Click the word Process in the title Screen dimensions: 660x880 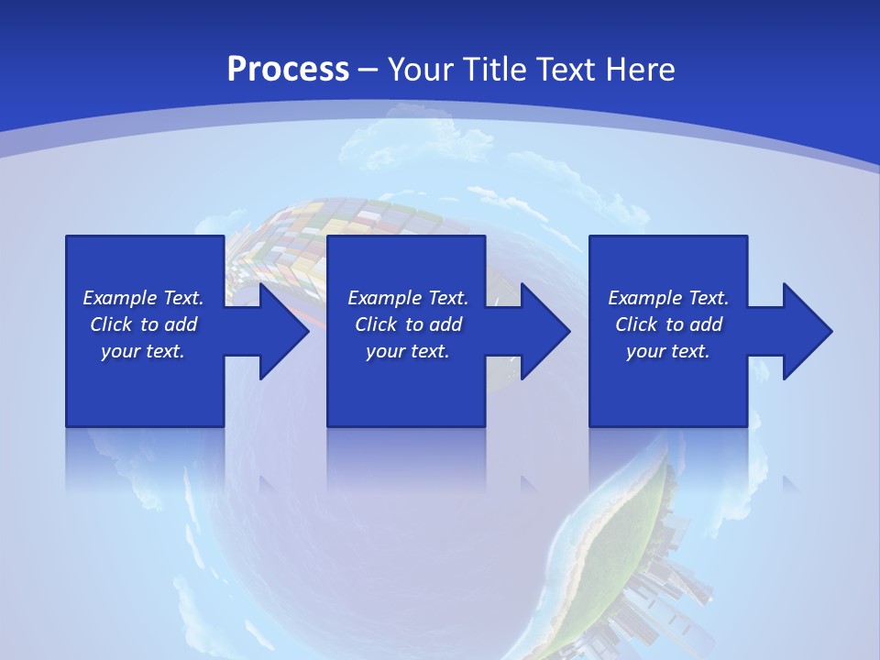click(288, 69)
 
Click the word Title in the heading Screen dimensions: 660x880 click(496, 69)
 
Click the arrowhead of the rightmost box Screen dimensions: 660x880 click(807, 331)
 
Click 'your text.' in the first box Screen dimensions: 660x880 click(143, 351)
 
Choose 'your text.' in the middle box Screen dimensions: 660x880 click(408, 351)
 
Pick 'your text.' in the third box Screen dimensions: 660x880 click(668, 351)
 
